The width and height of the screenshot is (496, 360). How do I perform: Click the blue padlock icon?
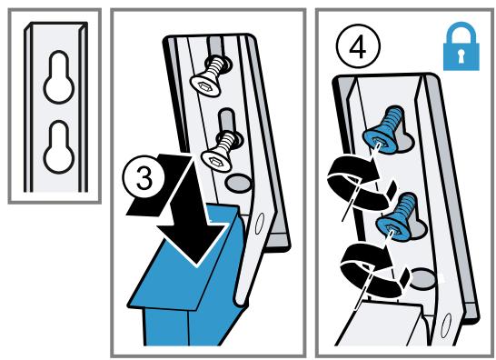pyautogui.click(x=461, y=46)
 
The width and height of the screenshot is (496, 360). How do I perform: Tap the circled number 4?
pyautogui.click(x=359, y=46)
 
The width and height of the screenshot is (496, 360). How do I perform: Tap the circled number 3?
pyautogui.click(x=144, y=178)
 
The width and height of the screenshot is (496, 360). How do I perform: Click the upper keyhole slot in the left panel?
pyautogui.click(x=59, y=77)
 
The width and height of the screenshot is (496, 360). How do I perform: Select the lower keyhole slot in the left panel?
pyautogui.click(x=59, y=147)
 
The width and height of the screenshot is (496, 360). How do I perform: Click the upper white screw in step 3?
pyautogui.click(x=210, y=76)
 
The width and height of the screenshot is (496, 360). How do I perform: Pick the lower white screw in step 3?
pyautogui.click(x=221, y=154)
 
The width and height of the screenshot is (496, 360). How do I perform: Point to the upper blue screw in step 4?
pyautogui.click(x=383, y=130)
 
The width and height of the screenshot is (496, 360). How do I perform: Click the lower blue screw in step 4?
pyautogui.click(x=396, y=216)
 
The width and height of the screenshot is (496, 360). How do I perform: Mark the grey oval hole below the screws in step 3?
pyautogui.click(x=238, y=184)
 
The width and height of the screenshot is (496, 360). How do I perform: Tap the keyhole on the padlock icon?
pyautogui.click(x=461, y=56)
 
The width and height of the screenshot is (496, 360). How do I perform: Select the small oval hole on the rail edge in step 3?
pyautogui.click(x=259, y=224)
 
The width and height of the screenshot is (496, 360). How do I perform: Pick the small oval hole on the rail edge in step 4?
pyautogui.click(x=445, y=325)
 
